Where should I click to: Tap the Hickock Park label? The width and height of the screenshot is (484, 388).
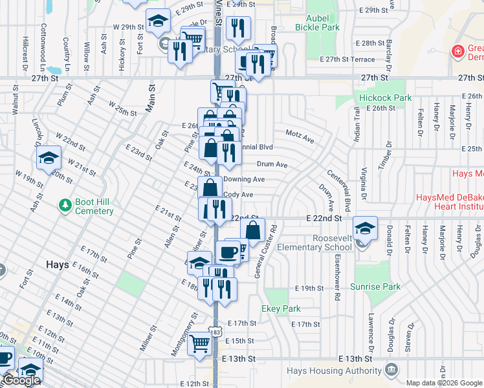tap(386, 98)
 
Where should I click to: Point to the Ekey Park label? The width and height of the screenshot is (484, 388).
tap(281, 309)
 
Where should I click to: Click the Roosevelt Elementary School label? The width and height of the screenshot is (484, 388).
tap(313, 242)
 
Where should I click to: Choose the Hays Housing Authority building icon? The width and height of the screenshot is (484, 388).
tap(391, 370)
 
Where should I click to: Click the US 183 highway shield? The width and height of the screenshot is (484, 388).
tap(215, 331)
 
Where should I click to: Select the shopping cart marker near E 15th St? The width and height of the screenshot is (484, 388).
tap(200, 343)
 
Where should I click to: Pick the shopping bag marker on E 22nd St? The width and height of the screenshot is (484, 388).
tap(253, 230)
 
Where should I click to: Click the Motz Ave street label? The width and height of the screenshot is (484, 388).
tap(300, 139)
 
